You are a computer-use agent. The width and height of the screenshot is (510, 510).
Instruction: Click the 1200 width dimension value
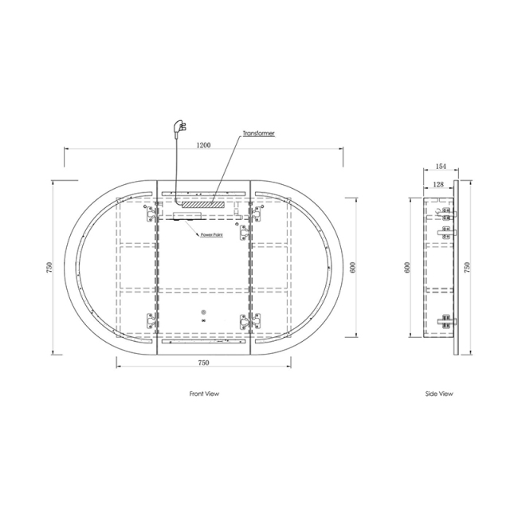point(203,145)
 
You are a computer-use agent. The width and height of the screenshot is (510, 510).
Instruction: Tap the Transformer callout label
point(258,133)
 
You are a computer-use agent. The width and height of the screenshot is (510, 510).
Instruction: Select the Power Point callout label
point(212,235)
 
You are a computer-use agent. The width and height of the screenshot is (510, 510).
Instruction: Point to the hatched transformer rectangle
point(203,205)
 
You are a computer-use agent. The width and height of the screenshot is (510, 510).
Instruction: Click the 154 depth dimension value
point(441,167)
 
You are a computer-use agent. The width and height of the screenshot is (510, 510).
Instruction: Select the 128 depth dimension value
point(438,185)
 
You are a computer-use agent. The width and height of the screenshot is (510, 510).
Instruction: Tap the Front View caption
point(204,394)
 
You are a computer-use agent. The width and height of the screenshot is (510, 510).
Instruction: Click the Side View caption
point(439,394)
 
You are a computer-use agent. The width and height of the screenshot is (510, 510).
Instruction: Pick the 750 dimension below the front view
point(203,363)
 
